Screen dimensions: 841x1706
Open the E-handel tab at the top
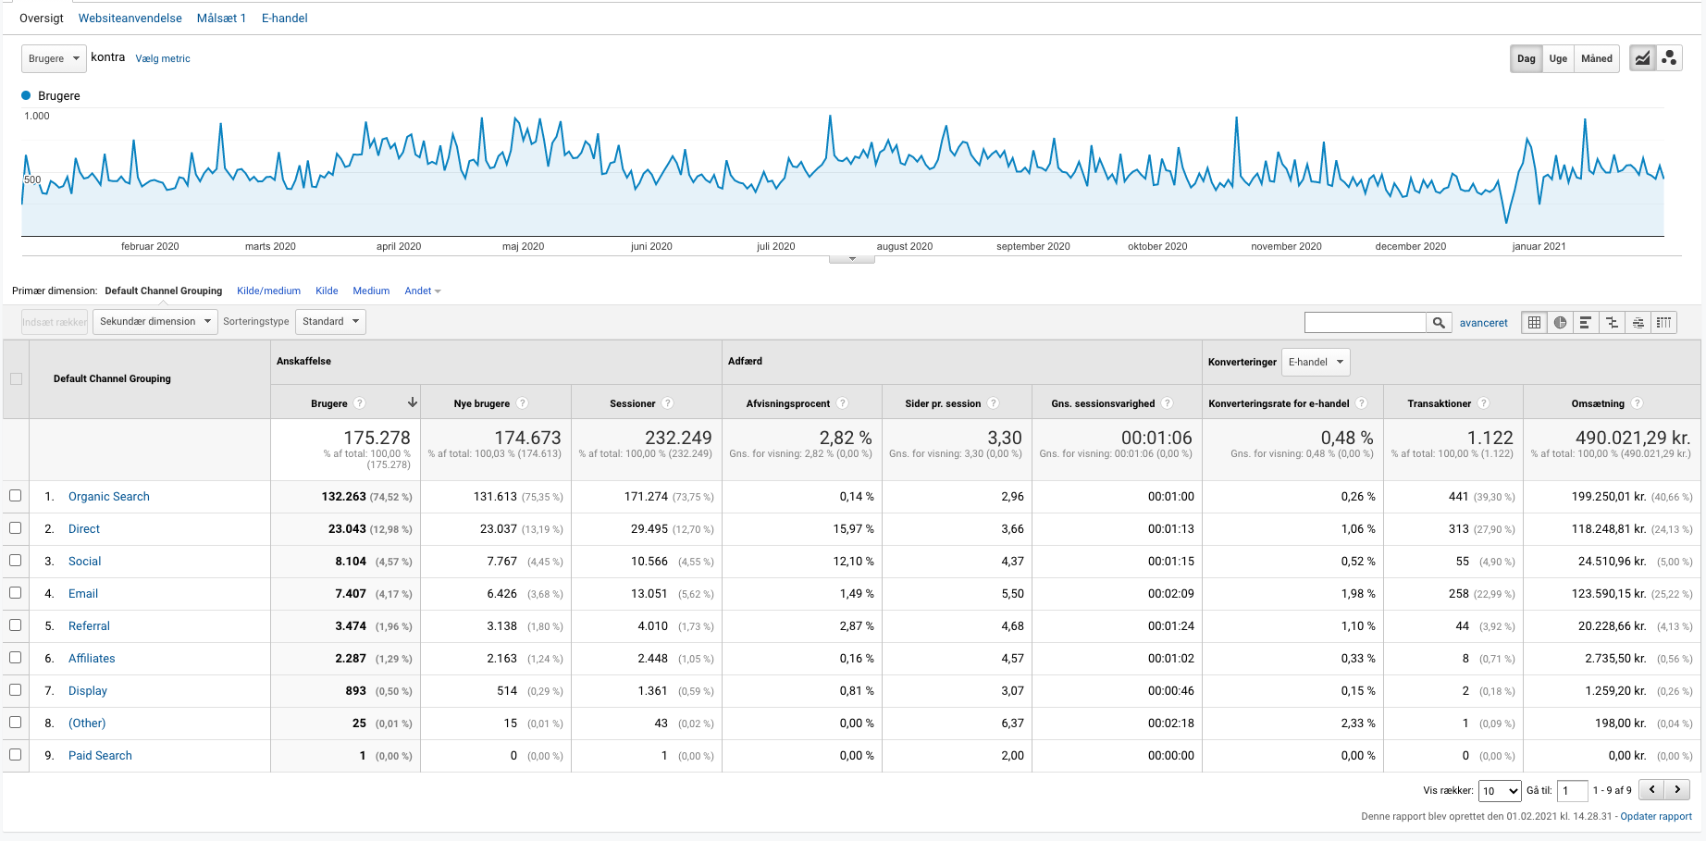pyautogui.click(x=284, y=19)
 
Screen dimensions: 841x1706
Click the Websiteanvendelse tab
pyautogui.click(x=130, y=19)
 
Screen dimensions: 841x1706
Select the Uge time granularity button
pyautogui.click(x=1558, y=59)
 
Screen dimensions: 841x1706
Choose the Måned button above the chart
pyautogui.click(x=1596, y=59)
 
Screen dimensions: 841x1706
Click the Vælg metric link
pyautogui.click(x=163, y=59)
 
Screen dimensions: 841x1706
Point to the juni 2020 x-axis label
pyautogui.click(x=651, y=247)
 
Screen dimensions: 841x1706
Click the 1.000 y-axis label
pyautogui.click(x=37, y=117)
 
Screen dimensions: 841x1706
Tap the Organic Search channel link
pyautogui.click(x=109, y=497)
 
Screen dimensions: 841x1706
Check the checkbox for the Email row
pyautogui.click(x=16, y=593)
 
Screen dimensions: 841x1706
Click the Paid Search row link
pyautogui.click(x=100, y=756)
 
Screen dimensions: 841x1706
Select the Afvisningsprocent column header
pyautogui.click(x=787, y=403)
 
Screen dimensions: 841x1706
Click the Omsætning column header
pyautogui.click(x=1597, y=403)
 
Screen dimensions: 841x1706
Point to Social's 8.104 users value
pyautogui.click(x=351, y=562)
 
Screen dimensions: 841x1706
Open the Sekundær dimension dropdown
pyautogui.click(x=155, y=322)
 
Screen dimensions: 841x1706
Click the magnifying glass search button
pyautogui.click(x=1438, y=323)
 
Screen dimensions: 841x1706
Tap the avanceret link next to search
pyautogui.click(x=1483, y=323)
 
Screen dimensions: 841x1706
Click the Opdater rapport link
pyautogui.click(x=1655, y=817)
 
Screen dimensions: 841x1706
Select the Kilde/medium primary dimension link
pyautogui.click(x=268, y=291)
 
